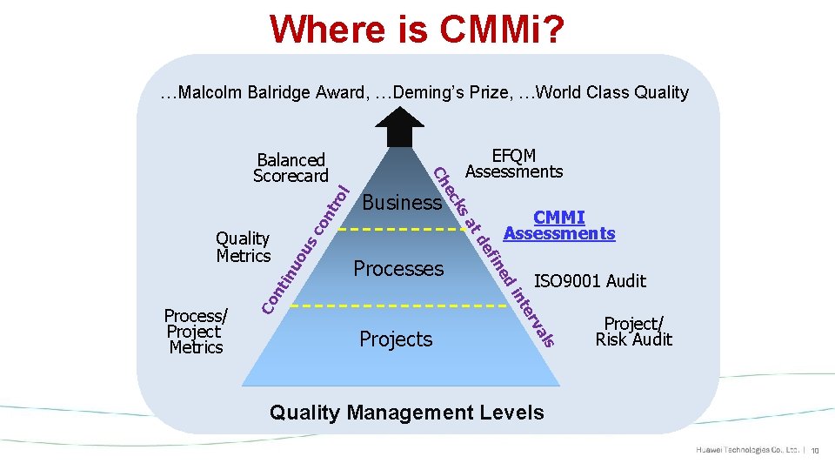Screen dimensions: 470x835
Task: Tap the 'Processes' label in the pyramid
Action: point(398,268)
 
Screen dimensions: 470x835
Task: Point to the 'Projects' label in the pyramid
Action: point(396,339)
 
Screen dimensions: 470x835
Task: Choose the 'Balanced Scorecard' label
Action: point(291,168)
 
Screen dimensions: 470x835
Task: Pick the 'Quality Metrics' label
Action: point(244,246)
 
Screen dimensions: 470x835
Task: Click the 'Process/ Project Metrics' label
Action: point(196,331)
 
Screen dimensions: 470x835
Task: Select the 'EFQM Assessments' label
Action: point(514,164)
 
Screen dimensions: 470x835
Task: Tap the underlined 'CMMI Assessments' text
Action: point(559,225)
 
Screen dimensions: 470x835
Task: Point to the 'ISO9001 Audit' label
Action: point(590,280)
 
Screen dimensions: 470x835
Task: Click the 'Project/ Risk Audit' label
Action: point(633,331)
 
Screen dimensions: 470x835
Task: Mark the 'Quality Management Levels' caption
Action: point(407,412)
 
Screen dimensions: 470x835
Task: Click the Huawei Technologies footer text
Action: point(747,450)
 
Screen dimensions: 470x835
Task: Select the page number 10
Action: point(817,451)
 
